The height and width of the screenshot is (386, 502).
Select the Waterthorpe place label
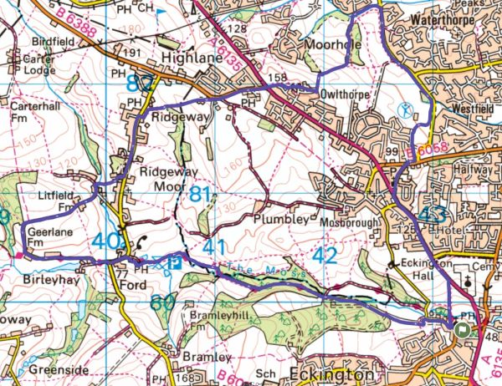point(448,16)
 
